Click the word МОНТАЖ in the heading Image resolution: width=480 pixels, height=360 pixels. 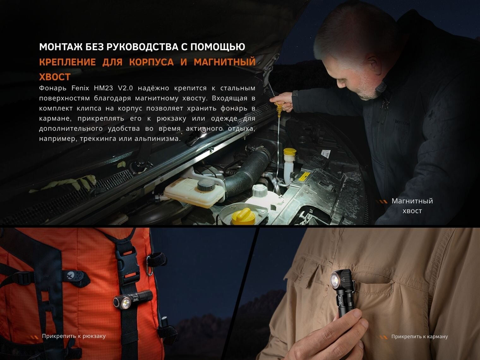point(61,47)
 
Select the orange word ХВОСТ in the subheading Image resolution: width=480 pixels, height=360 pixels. point(55,77)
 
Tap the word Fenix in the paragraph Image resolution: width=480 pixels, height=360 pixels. point(80,88)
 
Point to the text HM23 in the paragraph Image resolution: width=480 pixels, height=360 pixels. point(104,88)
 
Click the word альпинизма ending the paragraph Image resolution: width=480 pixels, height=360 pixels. point(158,139)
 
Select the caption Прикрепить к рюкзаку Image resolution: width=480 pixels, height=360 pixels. point(74,336)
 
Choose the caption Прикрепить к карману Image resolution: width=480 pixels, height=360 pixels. point(419,336)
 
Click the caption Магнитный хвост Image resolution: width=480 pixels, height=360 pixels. point(412,206)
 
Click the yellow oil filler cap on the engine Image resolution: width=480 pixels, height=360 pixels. point(243,216)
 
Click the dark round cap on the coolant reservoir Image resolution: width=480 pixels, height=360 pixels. point(206,186)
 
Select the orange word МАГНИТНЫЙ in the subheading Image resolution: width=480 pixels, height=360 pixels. point(225,62)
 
